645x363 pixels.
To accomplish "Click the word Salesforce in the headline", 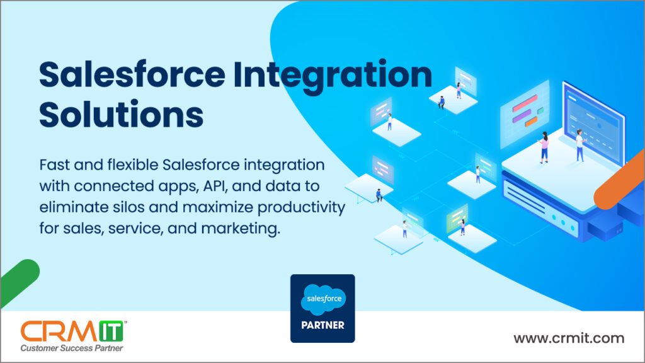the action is [132, 74].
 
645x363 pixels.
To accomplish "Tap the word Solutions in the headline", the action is [122, 113].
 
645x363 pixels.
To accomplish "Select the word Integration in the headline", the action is [333, 76].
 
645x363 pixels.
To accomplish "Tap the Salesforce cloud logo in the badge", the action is [324, 299].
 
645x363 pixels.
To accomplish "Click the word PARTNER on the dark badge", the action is [323, 325].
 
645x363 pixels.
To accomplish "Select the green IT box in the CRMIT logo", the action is [111, 331].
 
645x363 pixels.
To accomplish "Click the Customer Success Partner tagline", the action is [72, 348].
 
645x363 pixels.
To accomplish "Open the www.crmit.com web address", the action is [569, 338].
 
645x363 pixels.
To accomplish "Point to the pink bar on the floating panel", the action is [525, 103].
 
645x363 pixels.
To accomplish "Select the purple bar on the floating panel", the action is [522, 116].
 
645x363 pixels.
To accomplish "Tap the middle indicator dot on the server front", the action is [563, 222].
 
